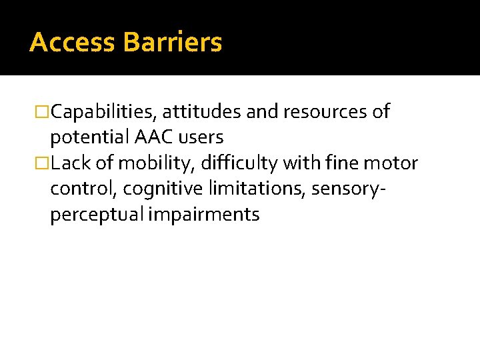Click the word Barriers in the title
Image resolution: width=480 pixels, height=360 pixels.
(173, 43)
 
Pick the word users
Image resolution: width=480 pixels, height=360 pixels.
(202, 138)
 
